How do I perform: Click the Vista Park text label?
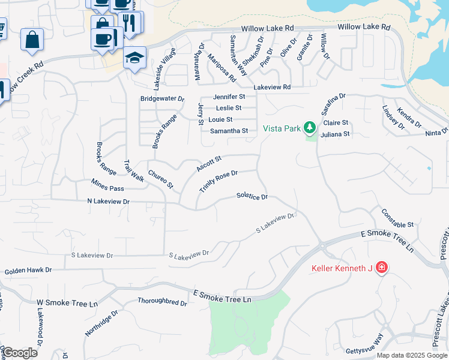pos(282,128)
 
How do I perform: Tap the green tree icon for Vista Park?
pos(310,127)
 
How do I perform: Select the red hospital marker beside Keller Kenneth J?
pos(381,268)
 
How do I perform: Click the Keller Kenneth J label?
pos(342,268)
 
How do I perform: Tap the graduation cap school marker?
pos(134,58)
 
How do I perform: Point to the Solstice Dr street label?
pos(252,196)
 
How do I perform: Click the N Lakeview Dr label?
pos(108,202)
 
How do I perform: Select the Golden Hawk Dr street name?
pos(28,272)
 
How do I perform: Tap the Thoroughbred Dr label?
pos(162,302)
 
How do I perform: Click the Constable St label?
pos(397,218)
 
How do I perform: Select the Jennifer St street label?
pos(229,97)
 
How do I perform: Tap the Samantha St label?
pos(228,131)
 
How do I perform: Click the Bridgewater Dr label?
pos(162,98)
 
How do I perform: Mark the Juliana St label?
pos(335,134)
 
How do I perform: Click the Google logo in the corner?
pos(19,353)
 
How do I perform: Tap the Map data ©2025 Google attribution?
pos(412,355)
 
